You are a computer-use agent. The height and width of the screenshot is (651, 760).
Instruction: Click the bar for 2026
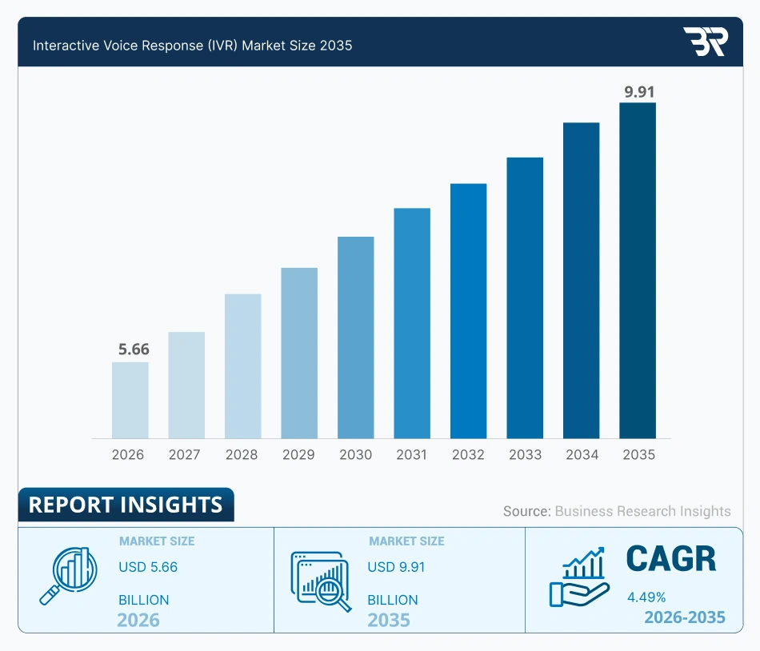click(130, 400)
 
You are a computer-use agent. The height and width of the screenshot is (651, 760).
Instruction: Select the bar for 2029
click(299, 353)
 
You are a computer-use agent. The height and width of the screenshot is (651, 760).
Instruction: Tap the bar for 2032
click(468, 311)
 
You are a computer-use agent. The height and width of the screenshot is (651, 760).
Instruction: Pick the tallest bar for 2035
click(638, 270)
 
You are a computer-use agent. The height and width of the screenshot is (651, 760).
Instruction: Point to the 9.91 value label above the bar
click(639, 91)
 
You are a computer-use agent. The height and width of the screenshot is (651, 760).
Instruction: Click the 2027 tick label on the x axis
click(185, 454)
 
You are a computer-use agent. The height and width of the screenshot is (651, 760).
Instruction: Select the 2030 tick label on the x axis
click(355, 454)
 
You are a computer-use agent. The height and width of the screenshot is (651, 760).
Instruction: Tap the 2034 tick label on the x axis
click(582, 454)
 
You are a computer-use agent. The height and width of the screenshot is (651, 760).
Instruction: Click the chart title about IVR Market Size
click(192, 46)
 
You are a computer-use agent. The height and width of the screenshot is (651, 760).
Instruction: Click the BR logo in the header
click(704, 42)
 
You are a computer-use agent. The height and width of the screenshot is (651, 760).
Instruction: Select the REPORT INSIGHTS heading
click(126, 505)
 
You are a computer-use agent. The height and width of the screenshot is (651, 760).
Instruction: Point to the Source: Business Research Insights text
click(617, 511)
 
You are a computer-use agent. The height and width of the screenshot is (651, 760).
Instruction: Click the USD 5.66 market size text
click(148, 567)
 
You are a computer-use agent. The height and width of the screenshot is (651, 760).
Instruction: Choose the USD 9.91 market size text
click(396, 567)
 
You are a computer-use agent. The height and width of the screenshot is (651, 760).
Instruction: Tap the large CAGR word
click(670, 560)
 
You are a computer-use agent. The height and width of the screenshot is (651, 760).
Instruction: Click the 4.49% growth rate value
click(647, 597)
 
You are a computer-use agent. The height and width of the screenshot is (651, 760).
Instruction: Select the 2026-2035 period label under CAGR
click(684, 617)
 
